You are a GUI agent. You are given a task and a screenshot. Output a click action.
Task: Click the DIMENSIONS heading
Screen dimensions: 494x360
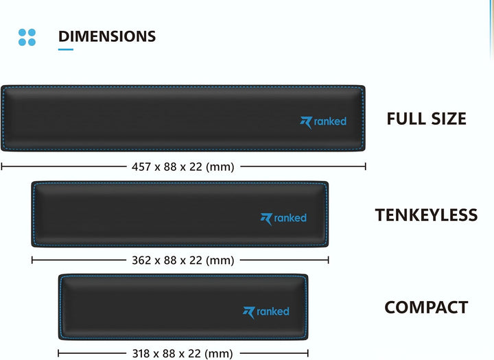click(107, 36)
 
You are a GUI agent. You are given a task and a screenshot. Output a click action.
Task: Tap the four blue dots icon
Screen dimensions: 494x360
click(27, 37)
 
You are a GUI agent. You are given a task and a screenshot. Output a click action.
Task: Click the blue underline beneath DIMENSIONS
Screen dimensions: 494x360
click(66, 49)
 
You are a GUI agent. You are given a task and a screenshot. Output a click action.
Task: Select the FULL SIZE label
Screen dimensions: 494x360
click(426, 119)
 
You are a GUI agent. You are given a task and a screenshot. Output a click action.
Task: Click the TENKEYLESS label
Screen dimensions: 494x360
click(426, 215)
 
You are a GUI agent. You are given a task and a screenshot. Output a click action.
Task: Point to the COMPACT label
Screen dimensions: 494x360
click(426, 307)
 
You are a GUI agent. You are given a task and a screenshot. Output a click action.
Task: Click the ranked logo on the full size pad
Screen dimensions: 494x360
click(323, 122)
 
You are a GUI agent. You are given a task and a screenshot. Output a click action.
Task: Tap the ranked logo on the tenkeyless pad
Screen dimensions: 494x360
click(283, 218)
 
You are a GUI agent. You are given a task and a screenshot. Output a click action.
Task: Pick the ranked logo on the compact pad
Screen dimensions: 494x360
click(266, 312)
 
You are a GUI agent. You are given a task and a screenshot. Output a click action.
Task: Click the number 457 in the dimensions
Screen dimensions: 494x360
click(141, 167)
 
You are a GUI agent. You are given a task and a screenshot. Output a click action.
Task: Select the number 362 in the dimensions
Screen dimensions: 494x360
click(141, 260)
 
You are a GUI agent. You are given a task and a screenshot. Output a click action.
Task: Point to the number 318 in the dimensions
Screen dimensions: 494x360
click(142, 353)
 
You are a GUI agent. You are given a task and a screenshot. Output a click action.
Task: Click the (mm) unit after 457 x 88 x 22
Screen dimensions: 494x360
click(220, 167)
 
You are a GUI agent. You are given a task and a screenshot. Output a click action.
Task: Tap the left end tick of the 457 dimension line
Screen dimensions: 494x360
click(2, 167)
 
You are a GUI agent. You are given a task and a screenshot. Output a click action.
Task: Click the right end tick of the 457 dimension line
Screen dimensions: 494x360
click(366, 167)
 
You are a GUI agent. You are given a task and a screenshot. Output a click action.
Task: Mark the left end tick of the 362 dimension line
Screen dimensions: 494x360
click(32, 260)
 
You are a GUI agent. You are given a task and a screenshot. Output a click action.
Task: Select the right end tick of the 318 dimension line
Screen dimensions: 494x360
click(308, 353)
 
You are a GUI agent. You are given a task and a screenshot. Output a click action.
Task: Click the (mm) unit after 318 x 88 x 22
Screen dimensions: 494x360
click(219, 354)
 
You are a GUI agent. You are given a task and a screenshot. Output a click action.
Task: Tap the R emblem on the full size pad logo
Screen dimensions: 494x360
click(306, 123)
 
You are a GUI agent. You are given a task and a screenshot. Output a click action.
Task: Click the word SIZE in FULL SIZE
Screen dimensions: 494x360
click(449, 119)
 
